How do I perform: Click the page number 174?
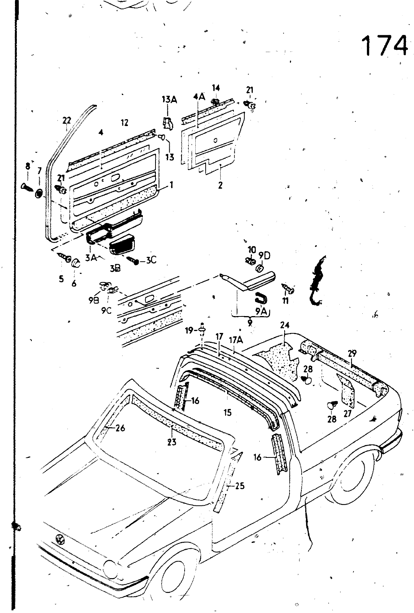pyautogui.click(x=384, y=47)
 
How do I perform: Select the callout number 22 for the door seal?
pyautogui.click(x=67, y=121)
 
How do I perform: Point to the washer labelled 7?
pyautogui.click(x=38, y=193)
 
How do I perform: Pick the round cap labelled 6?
pyautogui.click(x=75, y=263)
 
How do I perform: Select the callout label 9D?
pyautogui.click(x=264, y=255)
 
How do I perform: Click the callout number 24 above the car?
pyautogui.click(x=285, y=325)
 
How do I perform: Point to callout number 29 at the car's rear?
pyautogui.click(x=352, y=354)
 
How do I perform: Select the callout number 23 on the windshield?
pyautogui.click(x=172, y=442)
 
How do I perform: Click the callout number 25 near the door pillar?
pyautogui.click(x=239, y=486)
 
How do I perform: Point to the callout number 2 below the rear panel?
pyautogui.click(x=220, y=185)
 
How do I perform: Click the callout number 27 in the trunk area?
pyautogui.click(x=348, y=414)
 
